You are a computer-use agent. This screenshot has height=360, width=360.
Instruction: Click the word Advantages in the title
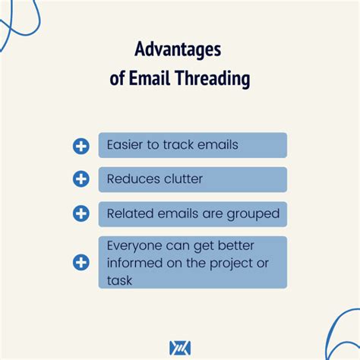tap(178, 49)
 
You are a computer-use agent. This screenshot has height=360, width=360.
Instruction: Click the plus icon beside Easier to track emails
tap(81, 146)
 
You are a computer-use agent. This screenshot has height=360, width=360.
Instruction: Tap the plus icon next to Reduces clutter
tap(81, 179)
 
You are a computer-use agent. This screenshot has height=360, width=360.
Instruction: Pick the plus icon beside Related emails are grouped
tap(81, 213)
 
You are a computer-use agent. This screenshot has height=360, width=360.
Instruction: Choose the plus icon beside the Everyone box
tap(81, 262)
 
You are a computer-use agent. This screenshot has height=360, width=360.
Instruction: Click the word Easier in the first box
tap(125, 145)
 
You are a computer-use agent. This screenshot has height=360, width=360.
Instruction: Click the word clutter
tap(184, 178)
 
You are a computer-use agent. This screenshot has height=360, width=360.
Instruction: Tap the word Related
tap(130, 213)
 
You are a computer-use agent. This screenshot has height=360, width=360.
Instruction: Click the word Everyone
tap(134, 246)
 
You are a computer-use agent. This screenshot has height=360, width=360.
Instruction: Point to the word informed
tap(134, 263)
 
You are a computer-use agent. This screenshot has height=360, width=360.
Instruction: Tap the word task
tap(119, 280)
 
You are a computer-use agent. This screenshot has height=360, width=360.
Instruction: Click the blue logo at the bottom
tap(180, 348)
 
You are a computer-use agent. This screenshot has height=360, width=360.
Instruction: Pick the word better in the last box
tap(236, 245)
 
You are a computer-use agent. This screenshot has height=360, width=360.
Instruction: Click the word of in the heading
tap(117, 78)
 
